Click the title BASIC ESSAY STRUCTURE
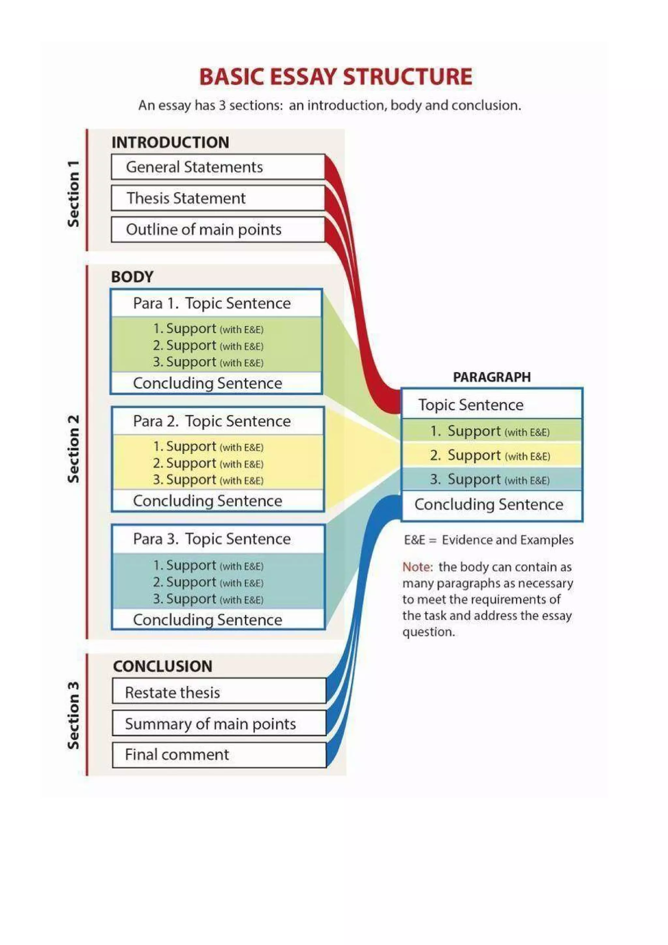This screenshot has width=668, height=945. click(x=336, y=77)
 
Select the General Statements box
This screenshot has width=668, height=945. click(x=218, y=167)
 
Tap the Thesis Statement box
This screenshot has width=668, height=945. click(x=218, y=198)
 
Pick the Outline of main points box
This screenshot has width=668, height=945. click(x=218, y=229)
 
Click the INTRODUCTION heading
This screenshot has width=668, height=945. click(x=170, y=142)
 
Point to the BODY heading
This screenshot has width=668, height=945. click(x=132, y=277)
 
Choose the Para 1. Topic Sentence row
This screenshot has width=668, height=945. click(x=216, y=303)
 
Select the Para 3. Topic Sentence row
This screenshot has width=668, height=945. click(x=218, y=539)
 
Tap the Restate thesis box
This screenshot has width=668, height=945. click(x=219, y=692)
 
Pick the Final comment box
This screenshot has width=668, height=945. click(x=219, y=754)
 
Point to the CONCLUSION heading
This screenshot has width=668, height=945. click(x=162, y=666)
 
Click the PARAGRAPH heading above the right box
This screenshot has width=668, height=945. click(x=492, y=377)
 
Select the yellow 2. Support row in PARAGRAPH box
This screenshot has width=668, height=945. click(x=492, y=455)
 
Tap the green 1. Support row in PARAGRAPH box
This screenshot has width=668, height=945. click(x=492, y=431)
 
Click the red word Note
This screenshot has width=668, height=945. click(x=417, y=567)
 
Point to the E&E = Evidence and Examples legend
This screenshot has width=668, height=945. click(x=488, y=540)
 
